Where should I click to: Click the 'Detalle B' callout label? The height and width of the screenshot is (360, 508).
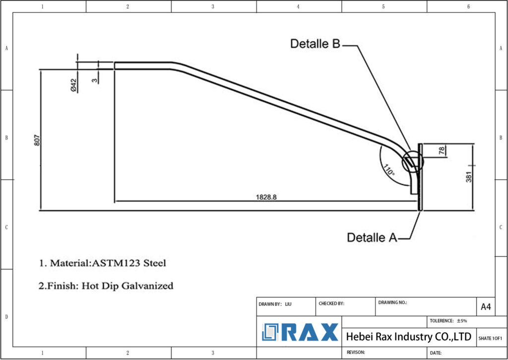[315, 44]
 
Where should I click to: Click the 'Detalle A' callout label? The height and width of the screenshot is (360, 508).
[372, 238]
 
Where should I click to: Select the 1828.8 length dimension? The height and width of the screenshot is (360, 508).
[266, 197]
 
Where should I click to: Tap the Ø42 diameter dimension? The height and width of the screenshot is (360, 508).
[73, 85]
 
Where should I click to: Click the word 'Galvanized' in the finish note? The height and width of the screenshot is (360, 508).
[148, 286]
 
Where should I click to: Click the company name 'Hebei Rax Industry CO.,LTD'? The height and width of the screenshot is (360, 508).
[408, 337]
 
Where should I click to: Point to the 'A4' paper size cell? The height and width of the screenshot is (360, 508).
[486, 307]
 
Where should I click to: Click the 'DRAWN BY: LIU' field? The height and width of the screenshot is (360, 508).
[275, 303]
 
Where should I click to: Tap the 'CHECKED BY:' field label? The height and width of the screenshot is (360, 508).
[331, 303]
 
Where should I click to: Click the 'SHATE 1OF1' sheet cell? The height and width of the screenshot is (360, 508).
[490, 338]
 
